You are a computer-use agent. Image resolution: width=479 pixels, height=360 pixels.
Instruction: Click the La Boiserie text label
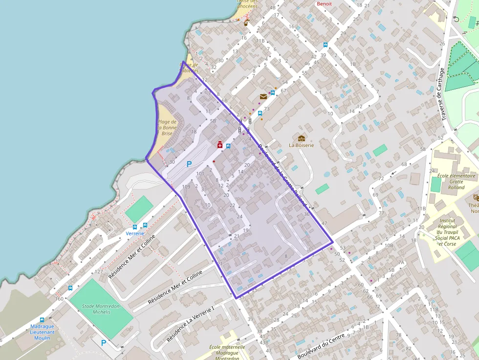[x=301, y=145]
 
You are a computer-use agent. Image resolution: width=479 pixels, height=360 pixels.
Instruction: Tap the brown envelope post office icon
[x=263, y=97]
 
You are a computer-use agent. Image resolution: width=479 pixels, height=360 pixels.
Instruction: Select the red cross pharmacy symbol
[x=220, y=145]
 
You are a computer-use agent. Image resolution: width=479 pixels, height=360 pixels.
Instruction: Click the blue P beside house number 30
[x=189, y=165]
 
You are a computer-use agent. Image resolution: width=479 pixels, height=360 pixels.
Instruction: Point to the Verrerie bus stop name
[x=135, y=233]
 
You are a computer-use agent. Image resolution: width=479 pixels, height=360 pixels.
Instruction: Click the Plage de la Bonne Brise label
[x=167, y=127]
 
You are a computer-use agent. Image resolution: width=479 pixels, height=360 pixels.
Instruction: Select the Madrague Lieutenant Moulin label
[x=42, y=332]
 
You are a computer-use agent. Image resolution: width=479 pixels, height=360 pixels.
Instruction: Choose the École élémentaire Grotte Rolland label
[x=456, y=181]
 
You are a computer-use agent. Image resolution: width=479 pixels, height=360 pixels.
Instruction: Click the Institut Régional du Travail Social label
[x=447, y=232]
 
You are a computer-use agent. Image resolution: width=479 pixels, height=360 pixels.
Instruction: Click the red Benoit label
[x=324, y=4]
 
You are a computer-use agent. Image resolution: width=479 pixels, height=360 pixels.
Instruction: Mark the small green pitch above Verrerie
[x=139, y=209]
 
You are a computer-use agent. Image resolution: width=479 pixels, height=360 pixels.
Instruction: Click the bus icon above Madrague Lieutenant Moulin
[x=42, y=320]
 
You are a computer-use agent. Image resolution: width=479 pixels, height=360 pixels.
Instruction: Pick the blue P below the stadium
[x=103, y=343]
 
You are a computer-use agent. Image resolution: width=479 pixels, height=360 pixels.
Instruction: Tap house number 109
[x=186, y=187]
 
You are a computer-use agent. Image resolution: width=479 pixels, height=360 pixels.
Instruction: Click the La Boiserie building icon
[x=301, y=138]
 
